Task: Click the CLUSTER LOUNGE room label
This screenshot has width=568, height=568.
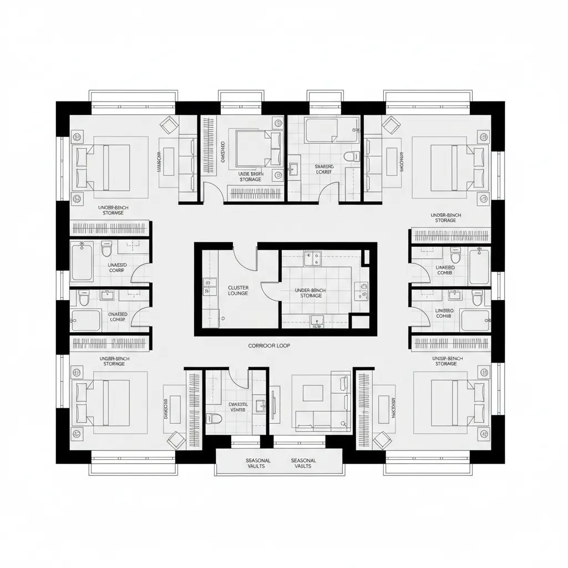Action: tap(238, 290)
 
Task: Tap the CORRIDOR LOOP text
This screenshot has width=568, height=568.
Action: tap(269, 345)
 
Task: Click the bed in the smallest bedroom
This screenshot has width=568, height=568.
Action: tap(252, 147)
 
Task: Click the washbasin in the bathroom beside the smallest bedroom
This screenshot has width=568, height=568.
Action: tap(293, 169)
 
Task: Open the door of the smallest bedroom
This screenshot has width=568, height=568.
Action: tap(214, 192)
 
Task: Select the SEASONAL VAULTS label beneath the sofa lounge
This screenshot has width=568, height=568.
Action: tap(303, 463)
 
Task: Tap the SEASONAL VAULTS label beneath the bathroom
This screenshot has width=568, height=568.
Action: tap(258, 463)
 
